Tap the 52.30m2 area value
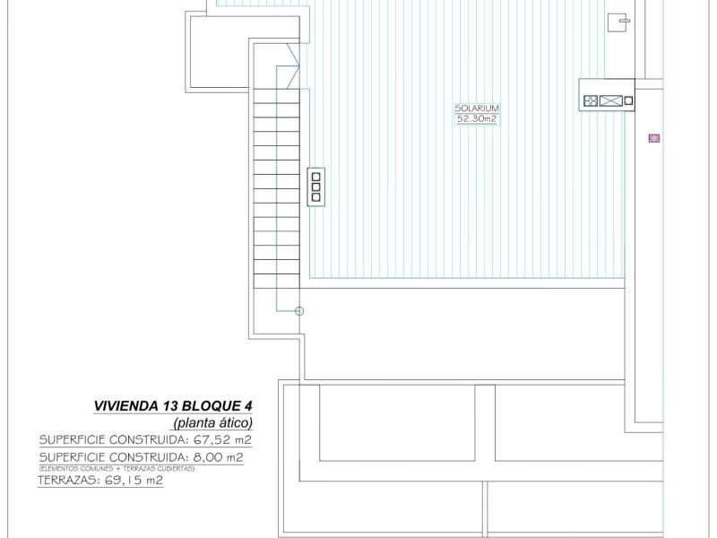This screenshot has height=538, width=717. point(475,118)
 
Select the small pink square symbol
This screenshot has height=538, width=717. point(654,138)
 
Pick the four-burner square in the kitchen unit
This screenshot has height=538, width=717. point(591,100)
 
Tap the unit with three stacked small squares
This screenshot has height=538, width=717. point(315,186)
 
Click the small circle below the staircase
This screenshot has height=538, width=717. point(299,311)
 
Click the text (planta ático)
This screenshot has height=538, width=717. point(212,422)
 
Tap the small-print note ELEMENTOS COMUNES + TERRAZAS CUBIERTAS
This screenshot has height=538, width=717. point(117,468)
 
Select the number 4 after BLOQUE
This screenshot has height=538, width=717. point(248,405)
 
